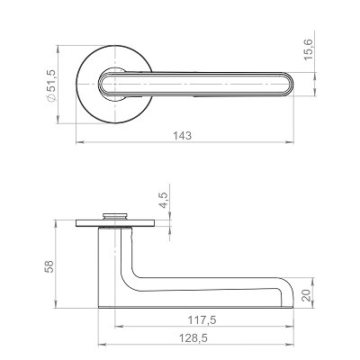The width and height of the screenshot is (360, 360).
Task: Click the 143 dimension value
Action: pos(182,136)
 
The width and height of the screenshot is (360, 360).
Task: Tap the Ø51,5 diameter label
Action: pos(51,85)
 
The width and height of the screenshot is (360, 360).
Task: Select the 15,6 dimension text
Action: pos(308,49)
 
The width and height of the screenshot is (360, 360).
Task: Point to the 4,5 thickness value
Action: pos(164,200)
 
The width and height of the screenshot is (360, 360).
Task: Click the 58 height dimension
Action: pos(49,266)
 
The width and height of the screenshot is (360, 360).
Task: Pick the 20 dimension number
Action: pos(306,295)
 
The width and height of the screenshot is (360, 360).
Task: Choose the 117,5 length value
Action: pos(202,320)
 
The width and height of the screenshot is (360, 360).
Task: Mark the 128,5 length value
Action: pos(193,338)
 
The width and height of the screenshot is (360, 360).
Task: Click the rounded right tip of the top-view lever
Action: pos(291,84)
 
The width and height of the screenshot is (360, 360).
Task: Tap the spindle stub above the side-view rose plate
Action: pos(115,216)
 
